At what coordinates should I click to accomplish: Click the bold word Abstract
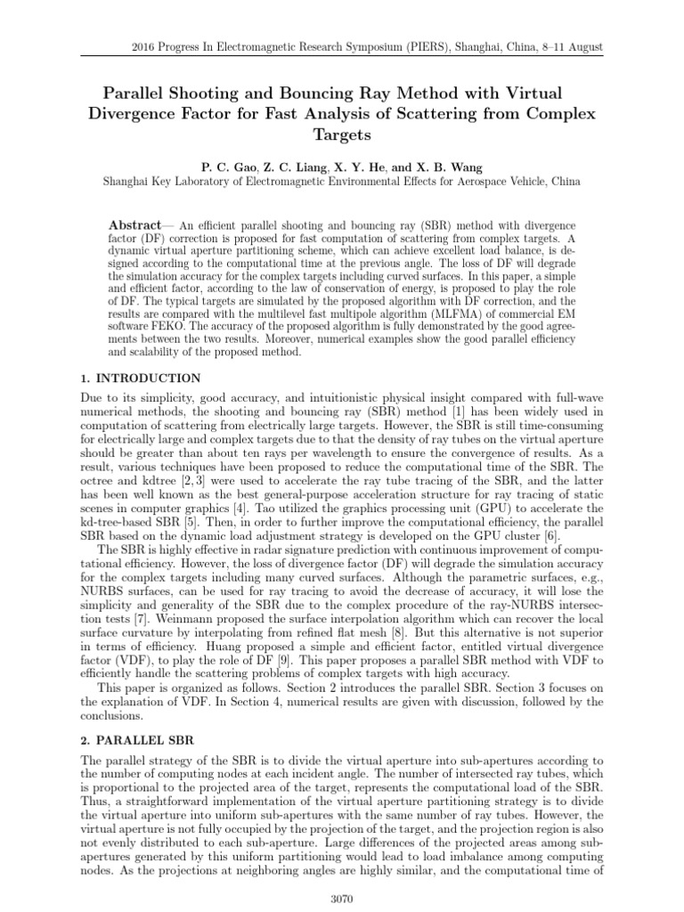(135, 224)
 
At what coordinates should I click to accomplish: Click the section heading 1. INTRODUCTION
(141, 379)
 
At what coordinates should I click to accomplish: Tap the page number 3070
(341, 899)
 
